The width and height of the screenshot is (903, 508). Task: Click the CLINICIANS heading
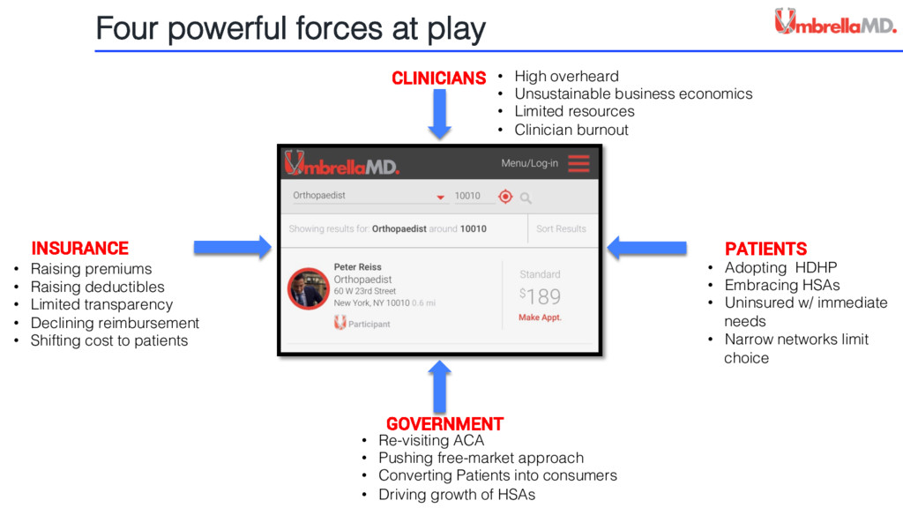[438, 78]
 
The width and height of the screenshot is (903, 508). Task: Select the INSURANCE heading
[80, 249]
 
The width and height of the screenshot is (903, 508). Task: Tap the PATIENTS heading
[765, 249]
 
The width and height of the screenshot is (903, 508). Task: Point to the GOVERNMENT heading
[444, 423]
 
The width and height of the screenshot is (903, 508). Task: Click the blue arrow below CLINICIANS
[441, 115]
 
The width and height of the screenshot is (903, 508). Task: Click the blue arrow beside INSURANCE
[232, 247]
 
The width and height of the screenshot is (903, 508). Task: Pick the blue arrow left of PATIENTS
[647, 247]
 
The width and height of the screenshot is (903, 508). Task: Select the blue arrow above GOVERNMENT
[441, 385]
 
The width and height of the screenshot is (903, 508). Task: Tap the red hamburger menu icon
[578, 163]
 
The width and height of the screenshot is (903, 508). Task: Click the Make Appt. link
[540, 317]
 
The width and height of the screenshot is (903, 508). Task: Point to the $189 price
[540, 296]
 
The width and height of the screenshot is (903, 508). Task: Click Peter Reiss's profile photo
[309, 288]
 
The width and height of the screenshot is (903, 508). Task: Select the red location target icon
[505, 197]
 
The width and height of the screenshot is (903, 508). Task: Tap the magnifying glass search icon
[526, 198]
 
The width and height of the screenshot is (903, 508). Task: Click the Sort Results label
[561, 228]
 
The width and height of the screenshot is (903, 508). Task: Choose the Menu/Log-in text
[529, 163]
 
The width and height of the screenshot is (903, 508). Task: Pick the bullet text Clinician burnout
[571, 130]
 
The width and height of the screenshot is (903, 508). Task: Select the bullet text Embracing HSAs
[782, 285]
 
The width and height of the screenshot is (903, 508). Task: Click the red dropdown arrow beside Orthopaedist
[440, 198]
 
